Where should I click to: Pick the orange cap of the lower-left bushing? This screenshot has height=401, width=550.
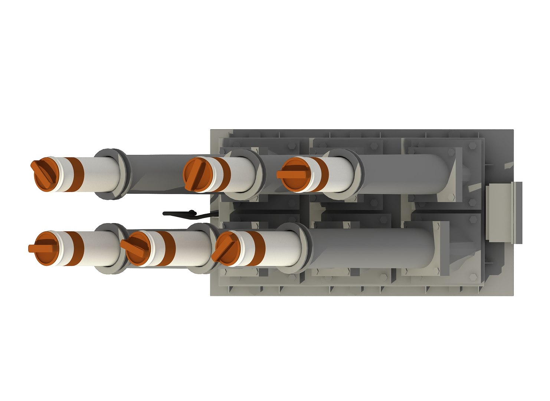[x=44, y=248]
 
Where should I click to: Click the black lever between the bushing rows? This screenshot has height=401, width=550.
[x=186, y=214]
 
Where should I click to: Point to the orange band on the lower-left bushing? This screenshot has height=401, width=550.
[x=76, y=248]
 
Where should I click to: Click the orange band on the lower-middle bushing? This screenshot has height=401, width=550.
[x=167, y=248]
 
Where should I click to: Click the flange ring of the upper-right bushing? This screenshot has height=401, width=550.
[x=343, y=174]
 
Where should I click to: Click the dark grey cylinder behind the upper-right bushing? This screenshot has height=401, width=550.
[x=405, y=174]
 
